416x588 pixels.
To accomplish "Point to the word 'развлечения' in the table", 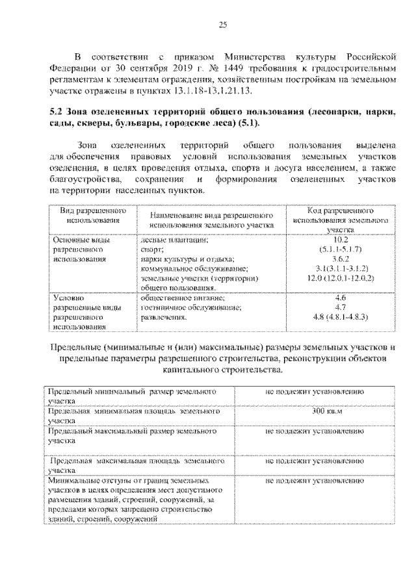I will [163, 317].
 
